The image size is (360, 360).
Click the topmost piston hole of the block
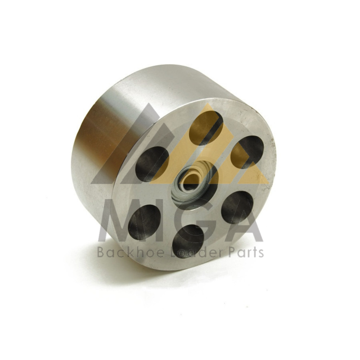point(206,128)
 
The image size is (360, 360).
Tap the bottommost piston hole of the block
point(188,241)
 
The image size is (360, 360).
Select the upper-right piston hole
point(247,152)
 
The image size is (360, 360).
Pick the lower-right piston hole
point(237,207)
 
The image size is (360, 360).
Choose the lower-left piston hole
point(144,222)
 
